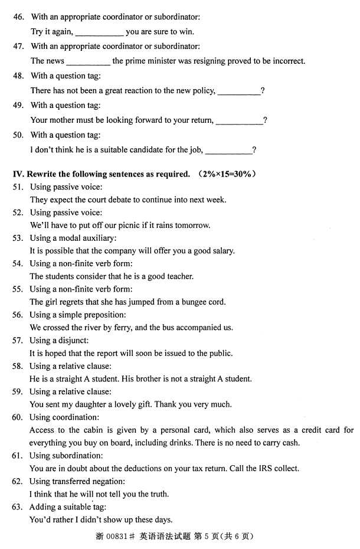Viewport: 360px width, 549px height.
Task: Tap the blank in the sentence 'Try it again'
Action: (x=99, y=32)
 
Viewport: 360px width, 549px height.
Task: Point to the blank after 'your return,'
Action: (x=239, y=121)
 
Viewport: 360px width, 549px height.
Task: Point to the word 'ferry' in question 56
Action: (x=123, y=328)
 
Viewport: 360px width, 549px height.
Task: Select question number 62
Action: (x=18, y=482)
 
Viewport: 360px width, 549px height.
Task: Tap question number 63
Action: (x=18, y=507)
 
